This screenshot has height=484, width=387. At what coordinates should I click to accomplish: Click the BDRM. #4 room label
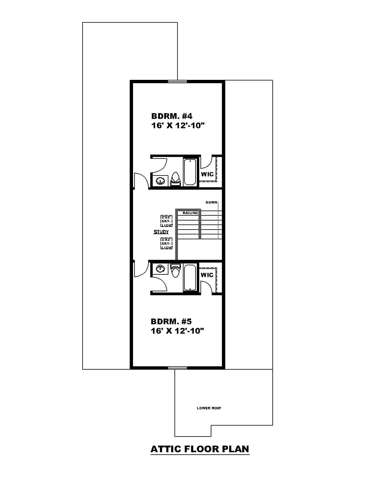tap(172, 116)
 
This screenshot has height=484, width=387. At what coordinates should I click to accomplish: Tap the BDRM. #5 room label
tap(171, 321)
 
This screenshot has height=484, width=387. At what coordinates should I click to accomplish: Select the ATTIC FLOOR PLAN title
tap(200, 449)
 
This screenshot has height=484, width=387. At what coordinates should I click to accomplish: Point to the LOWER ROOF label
tap(209, 408)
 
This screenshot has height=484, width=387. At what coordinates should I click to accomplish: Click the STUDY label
tap(161, 232)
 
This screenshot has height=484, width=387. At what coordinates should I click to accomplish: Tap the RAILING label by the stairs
tap(190, 213)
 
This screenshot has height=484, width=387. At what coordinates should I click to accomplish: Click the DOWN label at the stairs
tap(211, 202)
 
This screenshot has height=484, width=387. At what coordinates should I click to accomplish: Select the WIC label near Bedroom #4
tap(207, 174)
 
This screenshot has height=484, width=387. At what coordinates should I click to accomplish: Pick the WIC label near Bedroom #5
tap(207, 275)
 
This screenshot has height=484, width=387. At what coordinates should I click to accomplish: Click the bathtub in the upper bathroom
tap(190, 172)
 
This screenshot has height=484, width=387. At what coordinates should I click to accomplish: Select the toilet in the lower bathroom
tap(175, 270)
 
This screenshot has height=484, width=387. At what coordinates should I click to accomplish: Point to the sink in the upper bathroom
tap(160, 181)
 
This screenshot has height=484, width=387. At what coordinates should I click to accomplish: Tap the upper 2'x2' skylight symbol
tap(167, 221)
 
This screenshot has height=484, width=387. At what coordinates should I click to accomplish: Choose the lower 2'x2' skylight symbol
tap(167, 244)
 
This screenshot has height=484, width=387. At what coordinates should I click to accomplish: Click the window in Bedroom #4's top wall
tap(177, 81)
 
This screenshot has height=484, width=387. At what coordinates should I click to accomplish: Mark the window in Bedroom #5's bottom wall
tap(177, 368)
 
